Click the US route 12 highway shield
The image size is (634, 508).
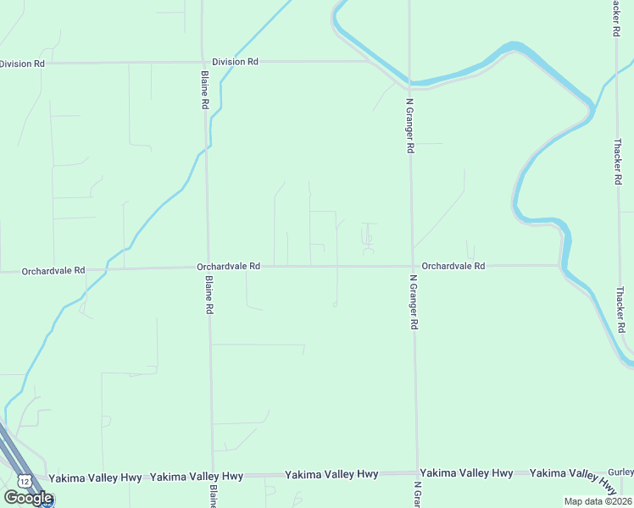[25, 481]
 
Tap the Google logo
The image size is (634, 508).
[28, 498]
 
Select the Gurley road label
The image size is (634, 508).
[621, 472]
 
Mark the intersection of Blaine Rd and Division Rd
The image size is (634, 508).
[203, 62]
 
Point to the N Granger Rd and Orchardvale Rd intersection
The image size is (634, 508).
[413, 266]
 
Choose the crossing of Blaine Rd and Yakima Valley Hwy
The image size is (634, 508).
[213, 476]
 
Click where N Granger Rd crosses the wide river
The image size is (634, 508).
[409, 83]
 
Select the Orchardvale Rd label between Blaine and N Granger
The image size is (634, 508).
[229, 266]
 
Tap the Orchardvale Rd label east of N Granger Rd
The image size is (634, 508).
[453, 266]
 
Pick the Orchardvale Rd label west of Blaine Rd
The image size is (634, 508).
[53, 271]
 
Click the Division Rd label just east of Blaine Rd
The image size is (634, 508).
[235, 62]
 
